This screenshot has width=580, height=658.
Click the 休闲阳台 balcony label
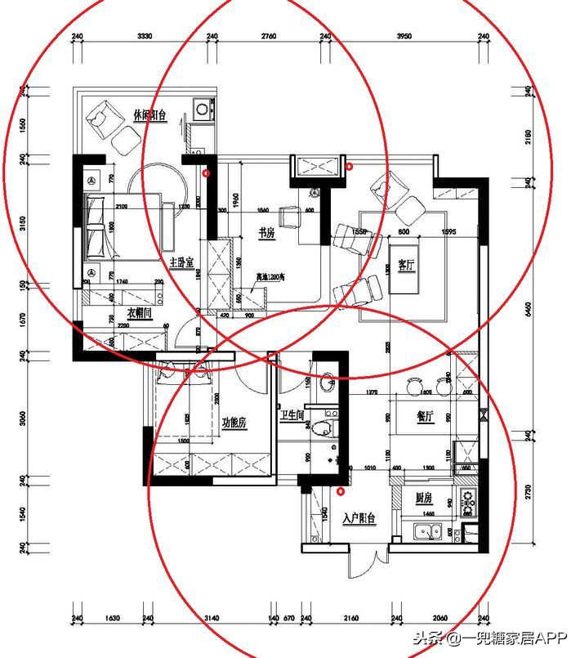(149, 116)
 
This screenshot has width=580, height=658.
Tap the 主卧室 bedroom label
(181, 263)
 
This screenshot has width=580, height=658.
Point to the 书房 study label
(267, 234)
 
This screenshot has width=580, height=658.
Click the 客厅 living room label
(406, 265)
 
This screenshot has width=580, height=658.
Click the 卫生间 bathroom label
(292, 416)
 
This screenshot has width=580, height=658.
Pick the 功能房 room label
(234, 423)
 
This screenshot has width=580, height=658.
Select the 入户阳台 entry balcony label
(359, 518)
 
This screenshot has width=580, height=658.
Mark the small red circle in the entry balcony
(341, 491)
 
